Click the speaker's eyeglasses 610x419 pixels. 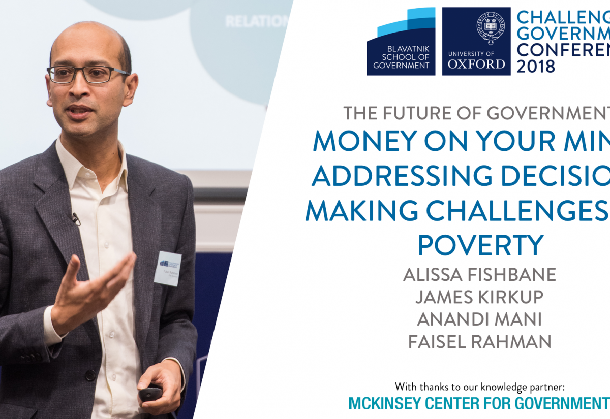pos(86,74)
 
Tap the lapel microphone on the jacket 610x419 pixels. pos(76,219)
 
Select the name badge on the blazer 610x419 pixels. pos(168,268)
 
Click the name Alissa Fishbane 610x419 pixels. pos(479,275)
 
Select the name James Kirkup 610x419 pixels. pos(479,297)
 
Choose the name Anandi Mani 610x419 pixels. pos(479,319)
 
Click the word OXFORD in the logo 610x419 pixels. pos(476,64)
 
